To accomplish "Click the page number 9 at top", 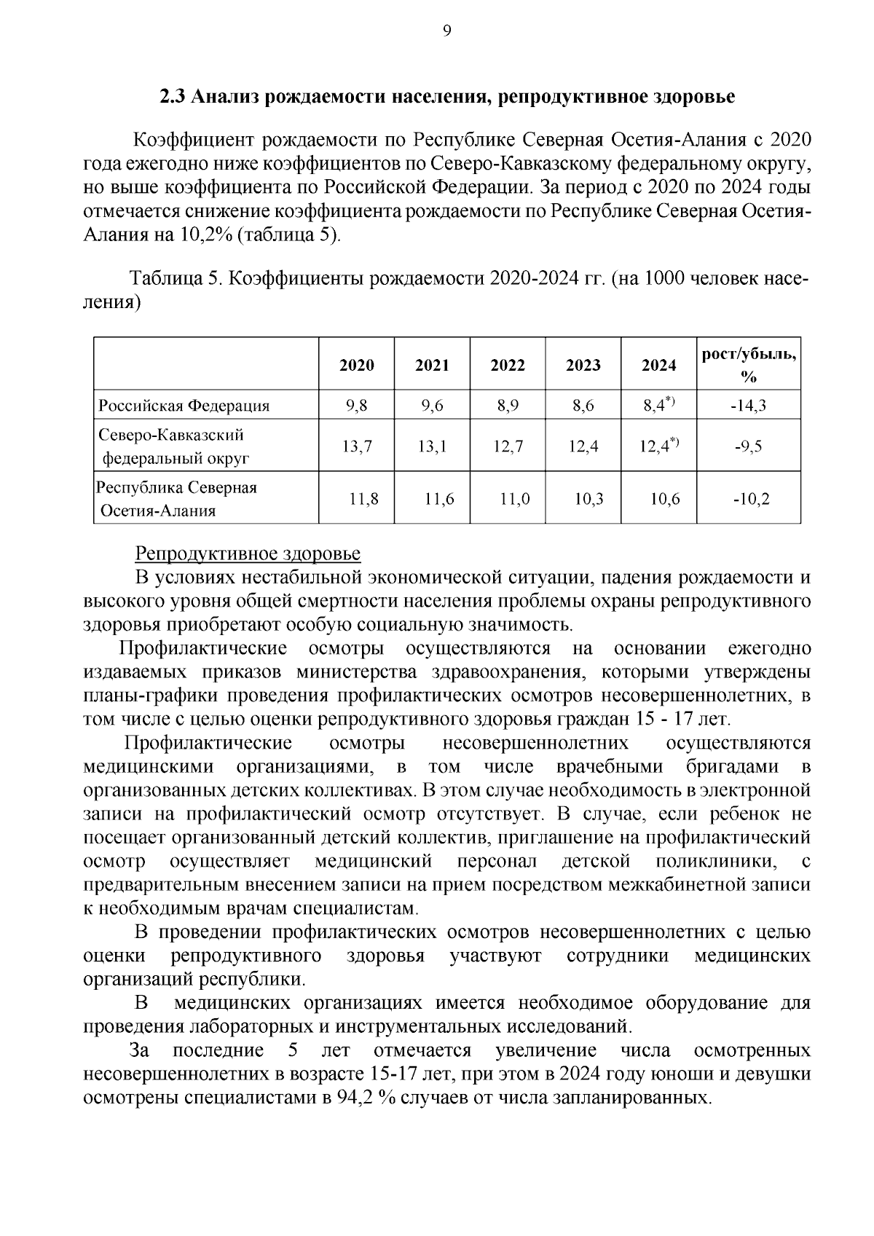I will tap(446, 30).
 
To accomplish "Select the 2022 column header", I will tap(508, 365).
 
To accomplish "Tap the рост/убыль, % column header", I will tap(748, 365).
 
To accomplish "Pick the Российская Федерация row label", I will tap(184, 406).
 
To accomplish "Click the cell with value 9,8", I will tap(357, 406).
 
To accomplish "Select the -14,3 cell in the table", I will tap(748, 406).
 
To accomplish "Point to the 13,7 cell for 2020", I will tap(357, 446).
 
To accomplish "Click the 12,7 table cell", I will tap(508, 446).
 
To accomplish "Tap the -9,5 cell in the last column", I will tap(748, 446).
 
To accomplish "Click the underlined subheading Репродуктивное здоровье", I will tap(248, 554).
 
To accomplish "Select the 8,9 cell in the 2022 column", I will tap(508, 406).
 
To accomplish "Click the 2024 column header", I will tap(658, 365).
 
